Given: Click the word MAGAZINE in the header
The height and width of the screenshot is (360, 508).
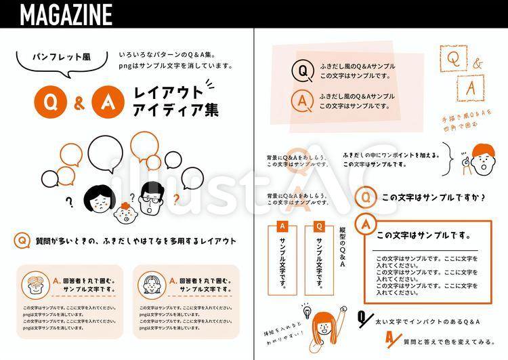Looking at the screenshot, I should click(x=66, y=14).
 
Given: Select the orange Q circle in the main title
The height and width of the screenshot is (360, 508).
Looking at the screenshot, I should click(x=49, y=102).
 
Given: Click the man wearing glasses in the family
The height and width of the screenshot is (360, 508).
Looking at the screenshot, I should click(x=151, y=197).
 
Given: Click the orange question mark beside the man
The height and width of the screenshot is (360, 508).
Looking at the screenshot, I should click(x=176, y=199).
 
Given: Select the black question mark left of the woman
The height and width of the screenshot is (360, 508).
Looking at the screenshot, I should click(x=68, y=201).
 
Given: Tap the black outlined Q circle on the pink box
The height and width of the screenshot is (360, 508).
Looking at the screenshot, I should click(x=302, y=71).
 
